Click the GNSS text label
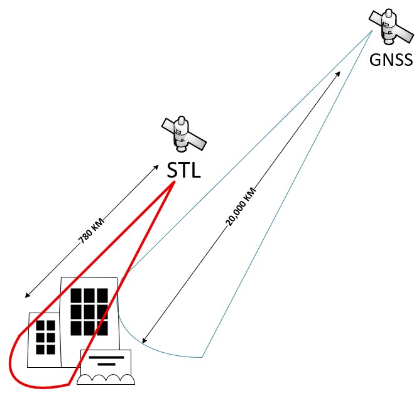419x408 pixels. click(391, 60)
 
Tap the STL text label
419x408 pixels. click(183, 170)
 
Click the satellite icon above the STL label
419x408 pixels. click(183, 133)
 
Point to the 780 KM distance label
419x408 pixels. click(92, 231)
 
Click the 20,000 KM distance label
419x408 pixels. click(240, 207)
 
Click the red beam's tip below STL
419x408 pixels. click(173, 183)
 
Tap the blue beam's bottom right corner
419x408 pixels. click(202, 358)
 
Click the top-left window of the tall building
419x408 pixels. click(75, 295)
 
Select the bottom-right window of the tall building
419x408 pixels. click(104, 329)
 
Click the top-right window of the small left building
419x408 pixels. click(50, 326)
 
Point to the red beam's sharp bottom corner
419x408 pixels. click(68, 384)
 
